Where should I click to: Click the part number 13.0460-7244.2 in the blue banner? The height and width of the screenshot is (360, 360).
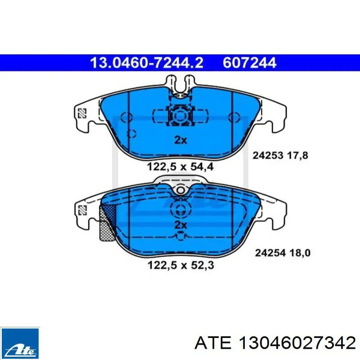[147, 63]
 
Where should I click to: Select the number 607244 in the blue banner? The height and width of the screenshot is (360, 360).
[249, 63]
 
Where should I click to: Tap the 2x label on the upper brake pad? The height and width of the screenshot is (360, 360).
[181, 140]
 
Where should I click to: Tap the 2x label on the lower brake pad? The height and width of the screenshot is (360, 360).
[181, 225]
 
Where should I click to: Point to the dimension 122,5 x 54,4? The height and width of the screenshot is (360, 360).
[180, 166]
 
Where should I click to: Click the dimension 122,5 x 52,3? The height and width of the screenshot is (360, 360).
[181, 265]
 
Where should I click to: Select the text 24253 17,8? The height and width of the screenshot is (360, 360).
[280, 155]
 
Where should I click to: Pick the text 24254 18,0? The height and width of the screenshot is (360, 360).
[283, 253]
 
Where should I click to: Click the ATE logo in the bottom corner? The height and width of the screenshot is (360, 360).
[20, 343]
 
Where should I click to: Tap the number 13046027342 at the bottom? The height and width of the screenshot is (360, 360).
[297, 343]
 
